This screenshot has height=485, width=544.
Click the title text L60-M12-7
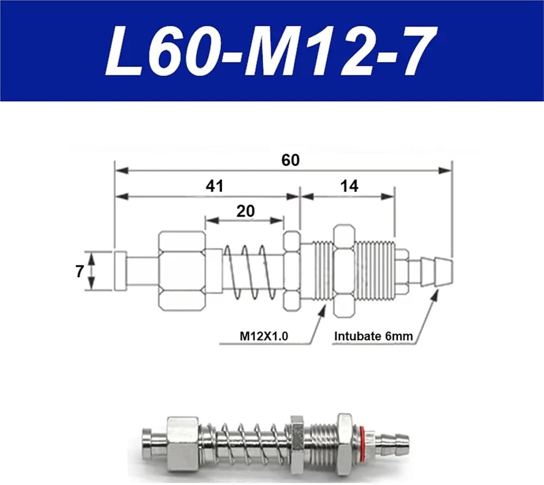[x=270, y=51]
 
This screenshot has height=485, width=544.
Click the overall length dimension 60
[x=290, y=160]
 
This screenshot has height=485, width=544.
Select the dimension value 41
[x=215, y=186]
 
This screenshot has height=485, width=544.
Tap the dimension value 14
[x=349, y=186]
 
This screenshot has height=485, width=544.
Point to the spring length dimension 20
[x=245, y=211]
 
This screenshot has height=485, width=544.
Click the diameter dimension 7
[x=79, y=271]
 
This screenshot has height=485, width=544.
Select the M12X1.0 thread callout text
[x=264, y=336]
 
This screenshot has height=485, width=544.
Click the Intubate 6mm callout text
[x=373, y=336]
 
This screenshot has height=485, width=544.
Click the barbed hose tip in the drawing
[x=436, y=272]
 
